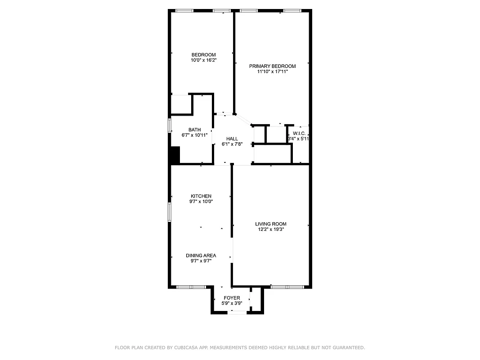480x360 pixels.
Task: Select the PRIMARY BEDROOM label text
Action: [x=272, y=66]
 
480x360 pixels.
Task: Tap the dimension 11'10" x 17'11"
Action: [x=272, y=72]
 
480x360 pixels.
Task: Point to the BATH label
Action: [x=194, y=130]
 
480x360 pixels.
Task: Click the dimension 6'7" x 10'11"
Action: [x=194, y=135]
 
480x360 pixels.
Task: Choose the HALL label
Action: [x=232, y=139]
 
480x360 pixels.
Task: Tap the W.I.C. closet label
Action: [x=299, y=134]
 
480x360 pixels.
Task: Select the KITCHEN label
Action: [x=201, y=196]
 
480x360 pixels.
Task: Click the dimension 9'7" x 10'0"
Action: [x=201, y=202]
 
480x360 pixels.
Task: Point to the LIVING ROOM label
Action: [x=270, y=224]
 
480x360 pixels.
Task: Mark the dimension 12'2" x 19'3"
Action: [x=270, y=229]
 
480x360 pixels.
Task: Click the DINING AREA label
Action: [x=201, y=256]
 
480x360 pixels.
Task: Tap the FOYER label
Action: [x=232, y=298]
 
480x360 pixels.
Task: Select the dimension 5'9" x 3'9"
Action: [x=232, y=303]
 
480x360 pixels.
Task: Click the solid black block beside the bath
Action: [x=175, y=155]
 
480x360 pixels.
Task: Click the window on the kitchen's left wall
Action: [x=170, y=211]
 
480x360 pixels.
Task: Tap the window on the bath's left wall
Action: [x=170, y=126]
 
